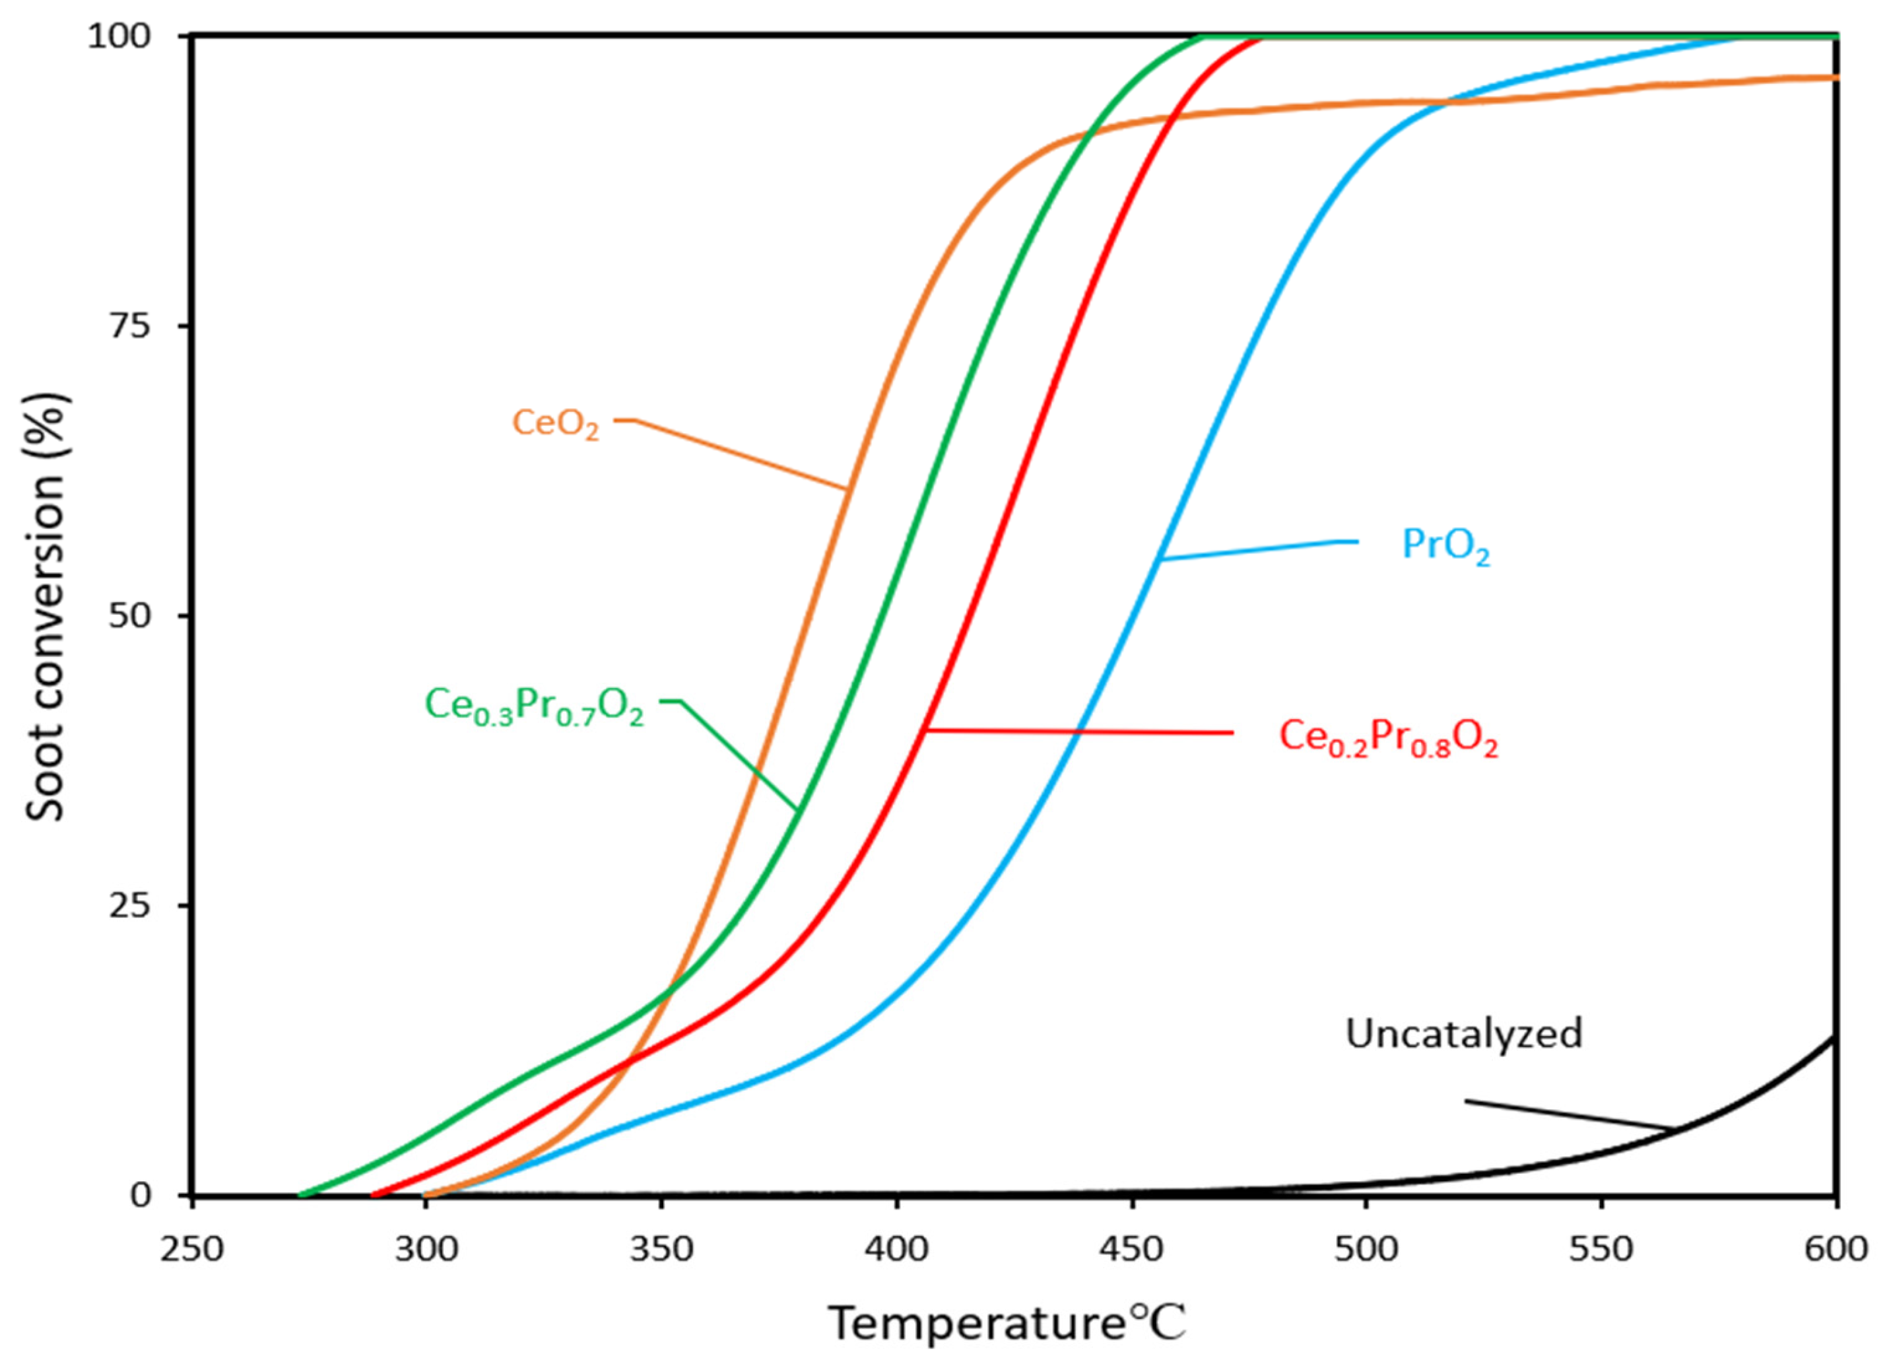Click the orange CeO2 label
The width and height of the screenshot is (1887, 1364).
[x=555, y=424]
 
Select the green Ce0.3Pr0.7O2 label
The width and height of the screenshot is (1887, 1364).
[x=534, y=706]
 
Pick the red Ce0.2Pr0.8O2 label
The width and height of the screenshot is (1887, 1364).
[x=1388, y=737]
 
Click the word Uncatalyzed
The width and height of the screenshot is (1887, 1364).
[x=1463, y=1035]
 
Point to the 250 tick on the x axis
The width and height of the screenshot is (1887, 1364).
[x=193, y=1250]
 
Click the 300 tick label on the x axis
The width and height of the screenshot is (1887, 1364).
[x=427, y=1250]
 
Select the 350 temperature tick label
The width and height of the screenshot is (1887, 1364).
[x=661, y=1250]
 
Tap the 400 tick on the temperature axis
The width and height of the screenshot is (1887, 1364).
[x=897, y=1250]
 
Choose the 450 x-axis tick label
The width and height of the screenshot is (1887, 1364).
[x=1131, y=1250]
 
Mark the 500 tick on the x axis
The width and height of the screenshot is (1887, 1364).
[x=1366, y=1250]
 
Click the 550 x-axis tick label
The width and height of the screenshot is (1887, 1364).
[x=1601, y=1250]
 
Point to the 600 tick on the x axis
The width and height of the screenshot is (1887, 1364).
[x=1835, y=1250]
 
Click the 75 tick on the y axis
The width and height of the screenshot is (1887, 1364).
[x=130, y=327]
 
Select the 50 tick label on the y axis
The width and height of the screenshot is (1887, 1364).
[x=130, y=617]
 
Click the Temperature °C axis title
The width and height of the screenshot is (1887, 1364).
[x=1007, y=1323]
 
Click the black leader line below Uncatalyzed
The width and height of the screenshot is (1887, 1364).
[x=1568, y=1115]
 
